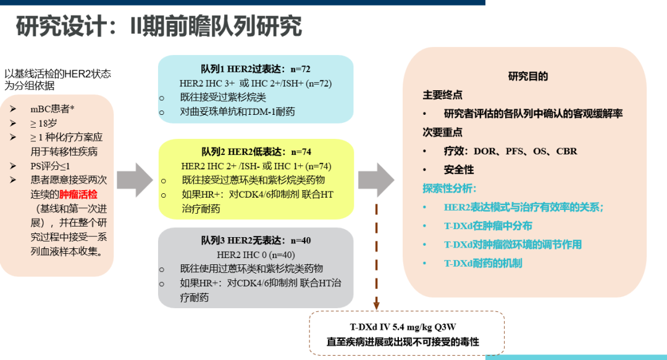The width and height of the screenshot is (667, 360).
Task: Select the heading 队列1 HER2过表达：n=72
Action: (x=255, y=68)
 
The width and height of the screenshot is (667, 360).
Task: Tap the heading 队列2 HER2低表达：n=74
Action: (x=256, y=152)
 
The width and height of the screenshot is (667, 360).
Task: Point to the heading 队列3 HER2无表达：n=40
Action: (x=256, y=241)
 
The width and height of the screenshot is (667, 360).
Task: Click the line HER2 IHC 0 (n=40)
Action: (x=256, y=254)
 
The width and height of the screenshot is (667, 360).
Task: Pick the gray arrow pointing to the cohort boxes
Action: (x=134, y=180)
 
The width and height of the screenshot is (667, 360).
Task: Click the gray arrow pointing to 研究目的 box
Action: (x=375, y=180)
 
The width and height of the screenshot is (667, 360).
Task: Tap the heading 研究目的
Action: (x=528, y=77)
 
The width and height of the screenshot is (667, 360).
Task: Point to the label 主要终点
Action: (x=442, y=95)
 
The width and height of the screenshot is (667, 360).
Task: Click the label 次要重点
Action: (x=442, y=132)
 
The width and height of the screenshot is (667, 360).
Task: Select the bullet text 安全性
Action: (x=459, y=169)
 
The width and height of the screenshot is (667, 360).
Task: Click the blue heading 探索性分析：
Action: (x=450, y=188)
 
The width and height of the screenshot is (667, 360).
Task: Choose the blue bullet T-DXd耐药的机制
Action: (x=483, y=263)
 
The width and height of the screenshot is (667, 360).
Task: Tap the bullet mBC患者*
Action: (x=52, y=109)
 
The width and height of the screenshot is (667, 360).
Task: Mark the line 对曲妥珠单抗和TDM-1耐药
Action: (x=237, y=112)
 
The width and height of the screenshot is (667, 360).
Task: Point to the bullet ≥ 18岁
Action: (x=48, y=123)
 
